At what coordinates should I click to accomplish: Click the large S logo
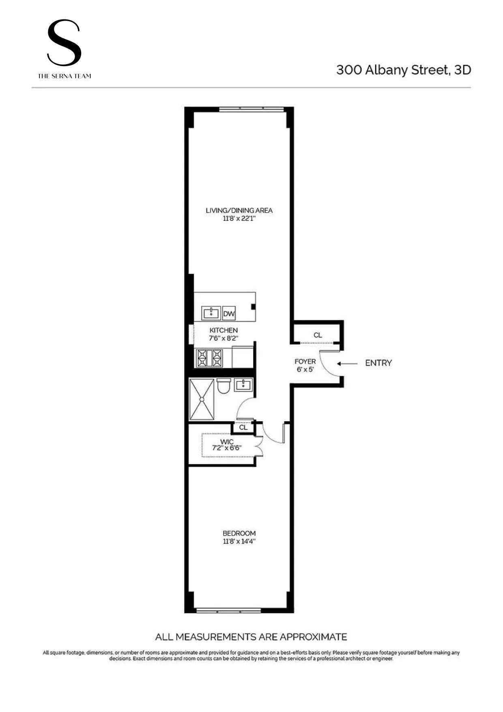click(x=64, y=43)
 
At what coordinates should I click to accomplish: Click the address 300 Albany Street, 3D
click(x=403, y=70)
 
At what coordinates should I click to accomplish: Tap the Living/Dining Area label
click(x=239, y=210)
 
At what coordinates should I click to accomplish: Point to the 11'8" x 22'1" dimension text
click(x=239, y=218)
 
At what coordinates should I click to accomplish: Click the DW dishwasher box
click(x=229, y=313)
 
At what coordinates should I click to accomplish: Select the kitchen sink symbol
click(x=211, y=313)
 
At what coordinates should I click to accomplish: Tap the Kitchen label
click(x=224, y=330)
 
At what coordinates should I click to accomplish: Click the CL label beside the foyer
click(x=318, y=335)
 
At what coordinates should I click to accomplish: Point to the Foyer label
click(x=305, y=361)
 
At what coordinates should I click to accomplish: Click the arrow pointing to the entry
click(x=347, y=364)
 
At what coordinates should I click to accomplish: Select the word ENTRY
click(x=378, y=363)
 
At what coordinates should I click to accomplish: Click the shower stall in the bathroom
click(x=202, y=399)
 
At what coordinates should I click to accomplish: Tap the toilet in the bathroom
click(x=224, y=386)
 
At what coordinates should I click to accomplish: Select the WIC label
click(x=227, y=441)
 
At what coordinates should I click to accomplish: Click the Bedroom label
click(x=239, y=533)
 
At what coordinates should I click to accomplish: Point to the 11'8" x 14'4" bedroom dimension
click(x=239, y=541)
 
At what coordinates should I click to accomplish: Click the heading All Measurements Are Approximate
click(x=251, y=637)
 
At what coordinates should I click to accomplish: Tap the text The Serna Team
click(x=64, y=76)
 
